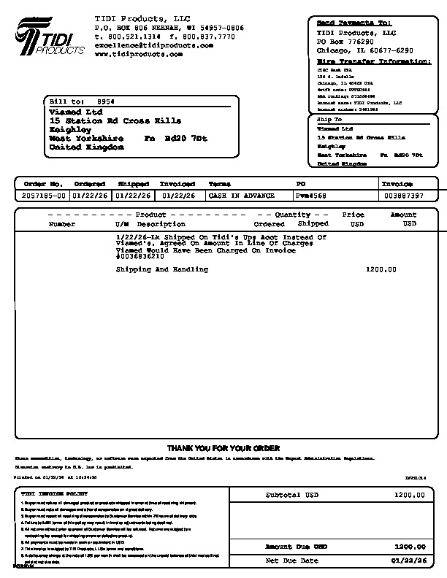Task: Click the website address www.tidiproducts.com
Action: pyautogui.click(x=138, y=54)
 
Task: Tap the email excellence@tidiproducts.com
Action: pyautogui.click(x=153, y=45)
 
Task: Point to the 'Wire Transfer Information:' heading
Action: pyautogui.click(x=373, y=61)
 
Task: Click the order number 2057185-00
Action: pyautogui.click(x=44, y=196)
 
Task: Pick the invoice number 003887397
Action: pyautogui.click(x=404, y=196)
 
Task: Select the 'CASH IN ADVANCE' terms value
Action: pyautogui.click(x=241, y=196)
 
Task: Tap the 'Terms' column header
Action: pyautogui.click(x=220, y=184)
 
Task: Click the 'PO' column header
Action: pyautogui.click(x=300, y=184)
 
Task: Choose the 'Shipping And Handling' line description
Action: pyautogui.click(x=161, y=269)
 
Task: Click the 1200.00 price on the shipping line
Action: pyautogui.click(x=381, y=269)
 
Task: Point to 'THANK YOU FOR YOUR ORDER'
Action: pyautogui.click(x=223, y=447)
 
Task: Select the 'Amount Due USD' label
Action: pyautogui.click(x=296, y=546)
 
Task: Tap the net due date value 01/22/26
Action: pyautogui.click(x=408, y=560)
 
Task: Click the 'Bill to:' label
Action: pyautogui.click(x=66, y=101)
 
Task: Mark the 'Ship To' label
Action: pyautogui.click(x=329, y=119)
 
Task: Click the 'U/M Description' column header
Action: pyautogui.click(x=145, y=224)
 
